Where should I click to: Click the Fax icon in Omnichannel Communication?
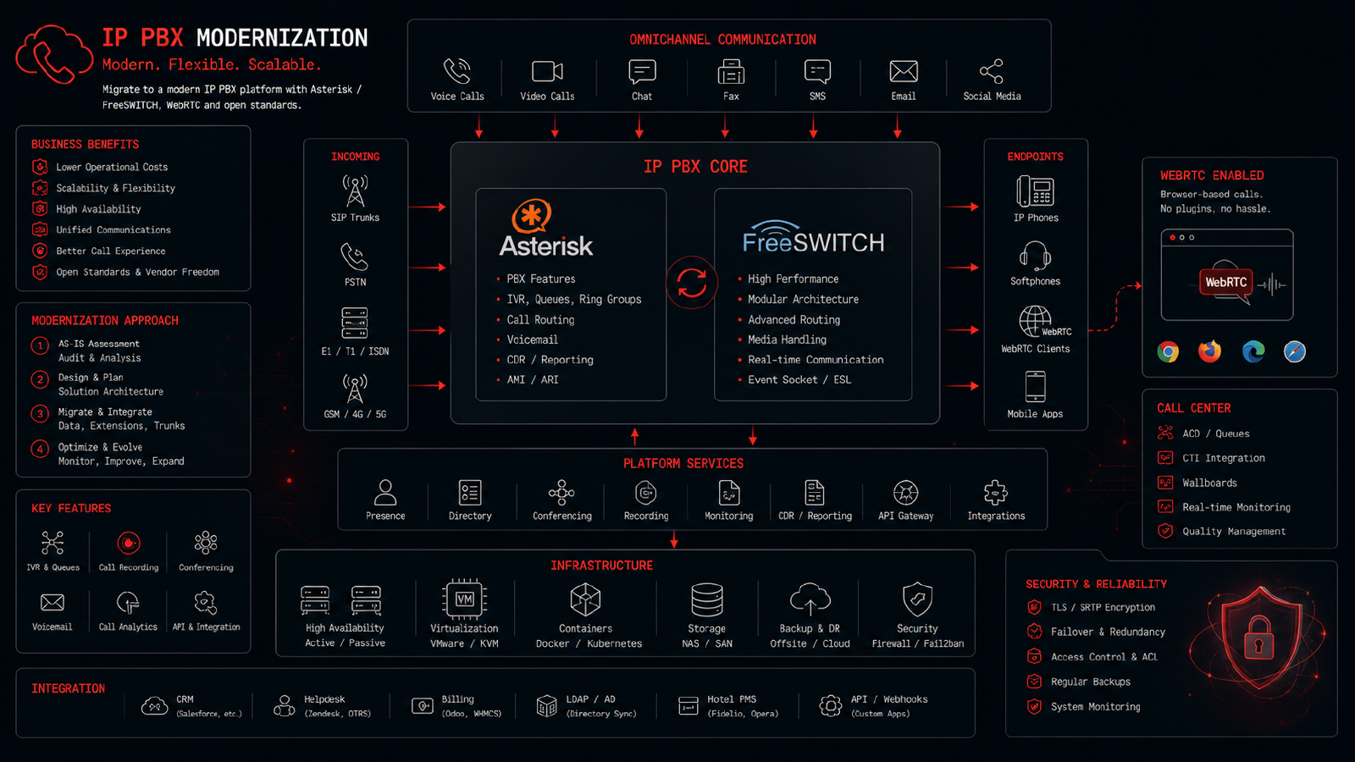click(731, 72)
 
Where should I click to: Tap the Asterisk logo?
click(545, 228)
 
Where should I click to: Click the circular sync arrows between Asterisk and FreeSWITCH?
click(691, 283)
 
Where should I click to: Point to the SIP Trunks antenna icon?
click(355, 190)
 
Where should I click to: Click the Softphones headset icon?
click(1035, 256)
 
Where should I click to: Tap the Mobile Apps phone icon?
click(1035, 387)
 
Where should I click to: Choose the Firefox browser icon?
click(1210, 351)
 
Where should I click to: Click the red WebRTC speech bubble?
click(1225, 283)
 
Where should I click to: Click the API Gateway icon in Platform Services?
click(905, 493)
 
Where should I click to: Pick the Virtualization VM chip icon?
click(465, 599)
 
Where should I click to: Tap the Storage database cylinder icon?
click(706, 599)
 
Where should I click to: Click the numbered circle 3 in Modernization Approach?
click(40, 414)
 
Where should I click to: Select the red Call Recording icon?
click(128, 543)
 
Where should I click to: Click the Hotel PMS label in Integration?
click(732, 699)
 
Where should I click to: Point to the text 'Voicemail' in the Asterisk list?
click(533, 340)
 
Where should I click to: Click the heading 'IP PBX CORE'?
click(695, 167)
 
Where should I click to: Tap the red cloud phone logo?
click(54, 54)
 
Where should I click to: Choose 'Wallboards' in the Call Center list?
click(1209, 483)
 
